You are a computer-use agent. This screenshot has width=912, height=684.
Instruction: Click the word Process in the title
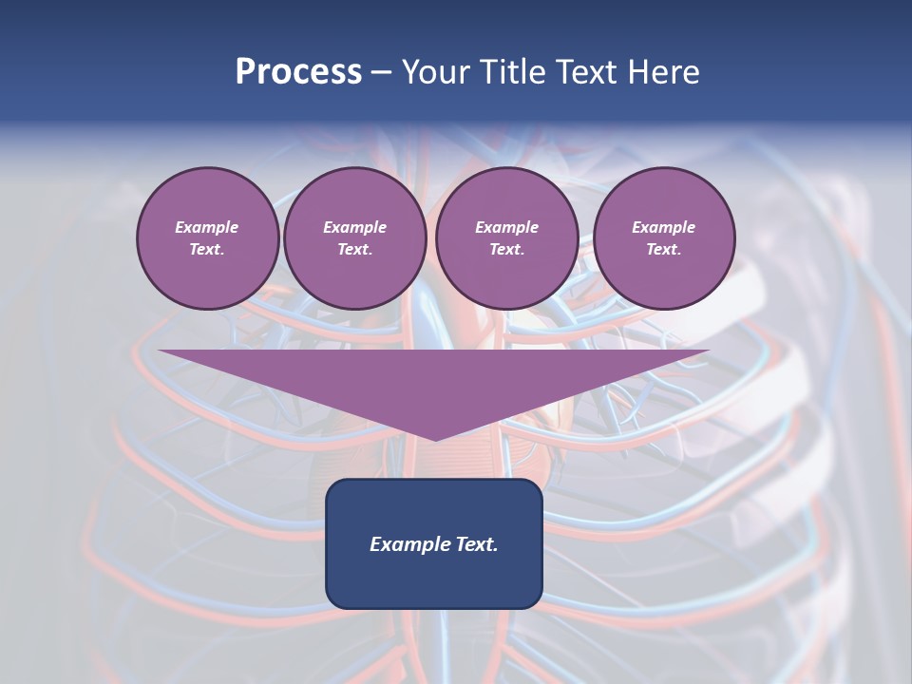tap(298, 71)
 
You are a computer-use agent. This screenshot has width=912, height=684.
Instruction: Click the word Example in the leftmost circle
tap(207, 227)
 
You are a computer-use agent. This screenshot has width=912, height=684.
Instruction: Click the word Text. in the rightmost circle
tap(664, 249)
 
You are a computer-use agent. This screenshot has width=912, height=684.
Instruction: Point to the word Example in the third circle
tap(506, 227)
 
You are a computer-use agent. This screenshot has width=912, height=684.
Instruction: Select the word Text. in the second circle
tap(354, 249)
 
